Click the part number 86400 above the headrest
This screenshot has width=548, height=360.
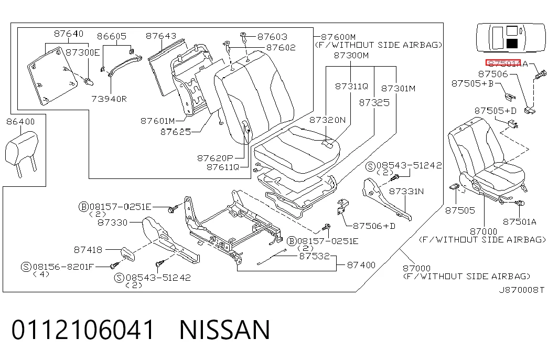(20, 122)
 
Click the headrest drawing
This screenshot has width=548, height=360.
(22, 153)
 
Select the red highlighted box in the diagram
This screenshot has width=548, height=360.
(503, 63)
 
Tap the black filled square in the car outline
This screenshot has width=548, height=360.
(512, 44)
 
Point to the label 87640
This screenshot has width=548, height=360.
(69, 34)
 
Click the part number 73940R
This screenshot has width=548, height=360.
(109, 99)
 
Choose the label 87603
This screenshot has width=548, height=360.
(272, 37)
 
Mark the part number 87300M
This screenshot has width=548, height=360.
(351, 55)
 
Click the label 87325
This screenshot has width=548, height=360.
(374, 102)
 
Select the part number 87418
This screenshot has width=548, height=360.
(88, 250)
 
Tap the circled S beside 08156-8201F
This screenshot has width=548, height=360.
(26, 267)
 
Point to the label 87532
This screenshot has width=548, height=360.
(315, 256)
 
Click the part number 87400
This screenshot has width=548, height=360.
(361, 265)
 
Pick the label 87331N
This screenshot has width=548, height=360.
(406, 191)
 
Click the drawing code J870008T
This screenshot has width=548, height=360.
(521, 290)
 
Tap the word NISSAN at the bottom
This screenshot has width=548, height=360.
(225, 329)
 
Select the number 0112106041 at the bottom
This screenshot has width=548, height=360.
(83, 329)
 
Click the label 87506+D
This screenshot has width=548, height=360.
(374, 226)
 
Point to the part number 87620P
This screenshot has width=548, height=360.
(215, 158)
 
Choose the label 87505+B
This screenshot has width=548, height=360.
(472, 83)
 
